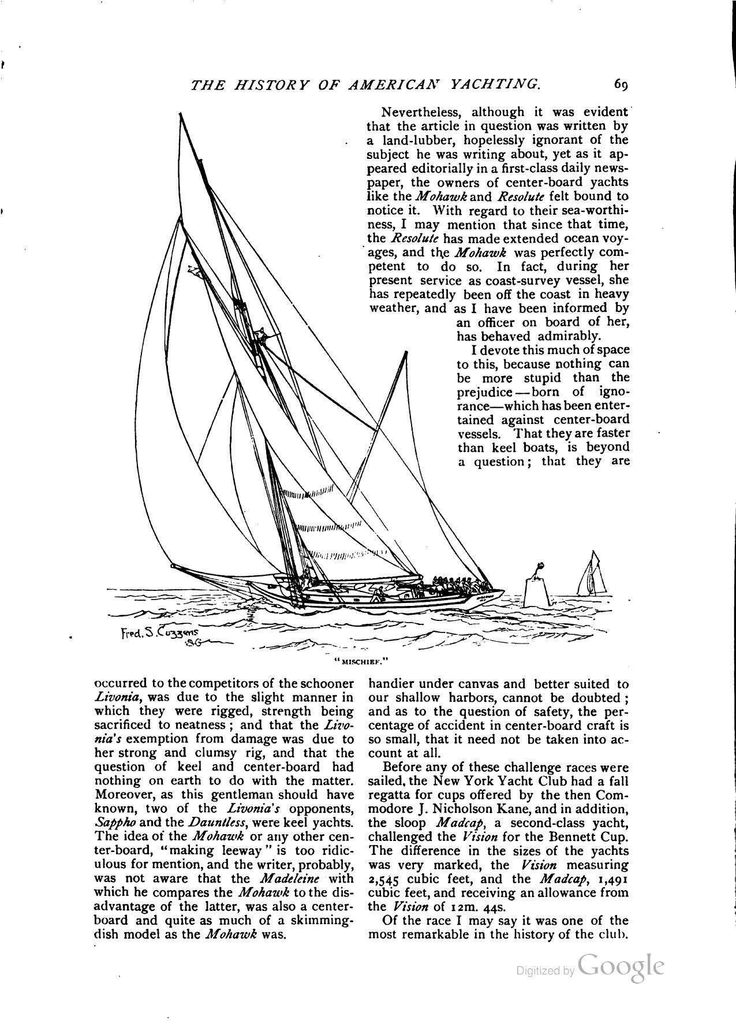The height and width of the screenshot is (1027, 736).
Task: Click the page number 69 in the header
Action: pyautogui.click(x=621, y=85)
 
